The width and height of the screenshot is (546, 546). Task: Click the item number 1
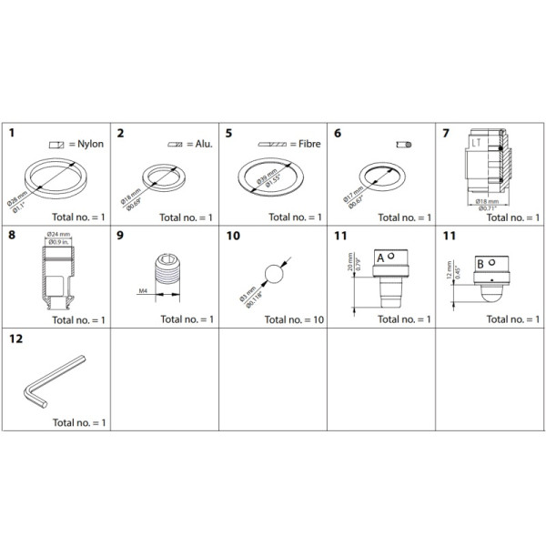[12, 134]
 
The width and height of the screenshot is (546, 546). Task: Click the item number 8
[12, 236]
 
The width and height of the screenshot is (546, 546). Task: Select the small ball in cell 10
[271, 273]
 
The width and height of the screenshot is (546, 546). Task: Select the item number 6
[338, 134]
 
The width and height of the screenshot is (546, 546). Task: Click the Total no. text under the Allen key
[80, 422]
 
